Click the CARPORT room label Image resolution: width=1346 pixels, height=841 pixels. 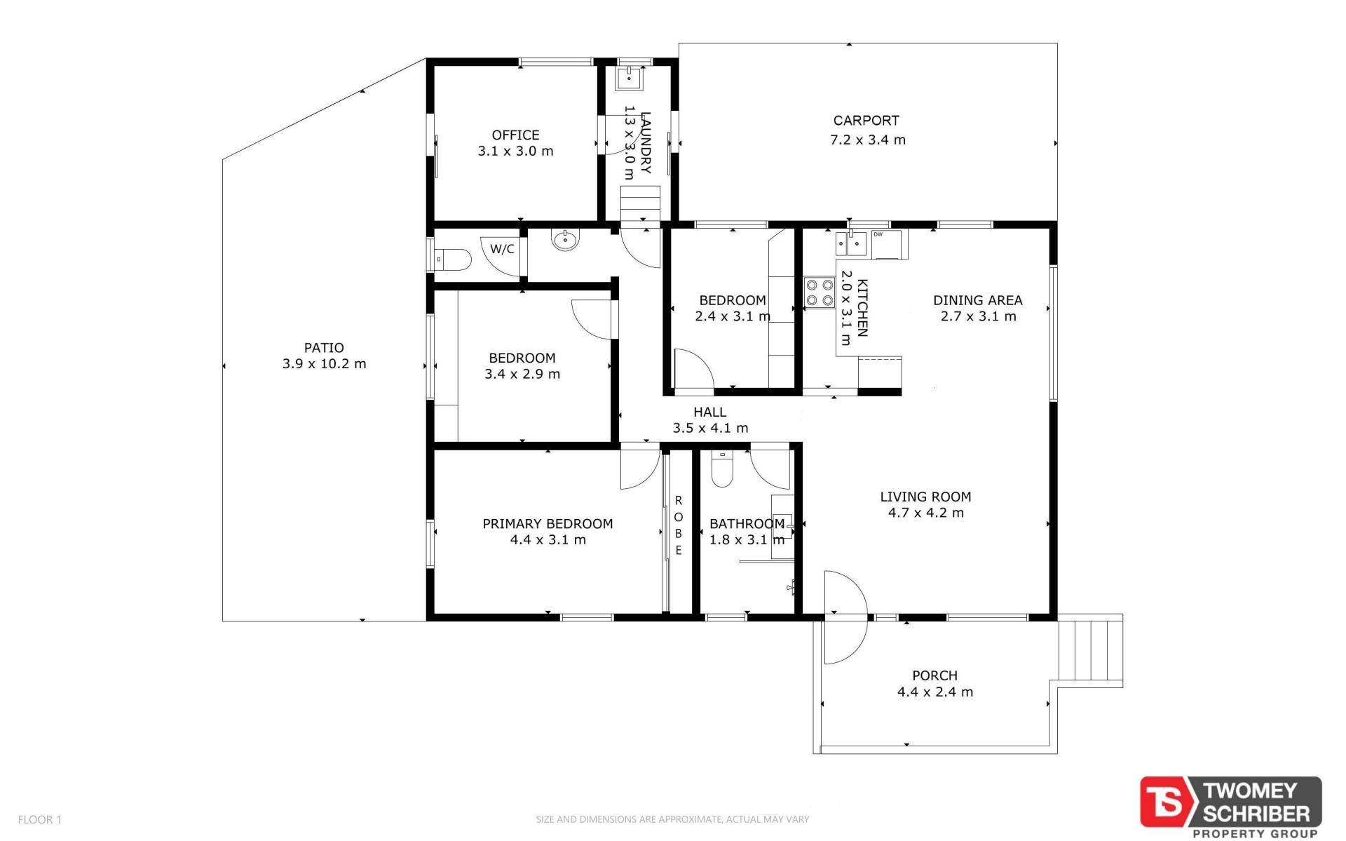click(x=866, y=121)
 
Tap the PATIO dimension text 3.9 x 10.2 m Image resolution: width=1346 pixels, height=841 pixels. click(x=324, y=364)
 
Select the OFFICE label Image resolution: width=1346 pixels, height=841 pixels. click(x=515, y=135)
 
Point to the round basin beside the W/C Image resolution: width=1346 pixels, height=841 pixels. click(x=565, y=241)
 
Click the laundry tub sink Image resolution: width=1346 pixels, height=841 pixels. click(x=630, y=79)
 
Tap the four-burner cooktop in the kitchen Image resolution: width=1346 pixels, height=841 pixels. click(x=819, y=293)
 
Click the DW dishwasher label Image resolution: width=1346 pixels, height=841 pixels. click(x=878, y=234)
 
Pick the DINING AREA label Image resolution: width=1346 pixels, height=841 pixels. click(x=977, y=300)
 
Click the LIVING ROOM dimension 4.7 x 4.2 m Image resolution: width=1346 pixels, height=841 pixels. click(x=925, y=513)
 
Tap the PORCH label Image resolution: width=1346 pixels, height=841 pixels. click(x=934, y=675)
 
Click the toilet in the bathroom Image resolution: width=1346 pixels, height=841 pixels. click(x=721, y=469)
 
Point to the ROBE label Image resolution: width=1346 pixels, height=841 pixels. click(x=678, y=525)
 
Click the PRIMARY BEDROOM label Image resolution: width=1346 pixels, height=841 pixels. click(x=548, y=524)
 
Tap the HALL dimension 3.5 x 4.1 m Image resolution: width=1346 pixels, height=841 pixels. click(x=710, y=428)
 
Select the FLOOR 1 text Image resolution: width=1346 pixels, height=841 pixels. click(x=40, y=819)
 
